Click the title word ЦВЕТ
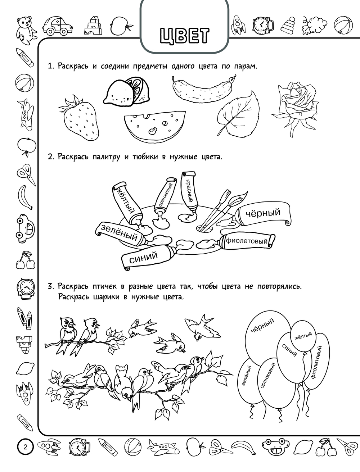[185, 36]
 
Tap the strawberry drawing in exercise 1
[78, 118]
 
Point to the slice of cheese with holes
[154, 126]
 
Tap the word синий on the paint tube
[144, 257]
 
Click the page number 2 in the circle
[26, 448]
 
